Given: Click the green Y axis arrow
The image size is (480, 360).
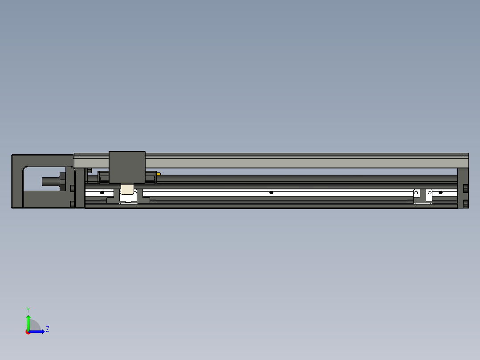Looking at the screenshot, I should [x=28, y=321].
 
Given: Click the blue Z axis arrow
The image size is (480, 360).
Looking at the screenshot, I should [x=38, y=331].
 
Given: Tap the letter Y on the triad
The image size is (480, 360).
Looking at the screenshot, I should [x=28, y=309].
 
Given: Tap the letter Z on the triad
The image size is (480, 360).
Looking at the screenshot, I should [x=47, y=329].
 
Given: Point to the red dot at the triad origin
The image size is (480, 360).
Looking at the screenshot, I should [x=28, y=332].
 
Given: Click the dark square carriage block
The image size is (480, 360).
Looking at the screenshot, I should [x=127, y=167].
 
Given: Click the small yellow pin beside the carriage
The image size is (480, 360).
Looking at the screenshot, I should [x=159, y=174].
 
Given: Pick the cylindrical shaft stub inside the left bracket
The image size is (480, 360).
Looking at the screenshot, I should [x=50, y=182].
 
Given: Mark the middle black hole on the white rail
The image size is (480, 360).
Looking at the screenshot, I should [x=271, y=192].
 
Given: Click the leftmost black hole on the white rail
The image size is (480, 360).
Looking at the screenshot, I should [x=102, y=192].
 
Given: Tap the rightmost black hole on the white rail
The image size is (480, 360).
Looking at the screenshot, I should [x=441, y=192].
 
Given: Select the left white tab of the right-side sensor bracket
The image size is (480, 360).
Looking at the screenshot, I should [x=416, y=194].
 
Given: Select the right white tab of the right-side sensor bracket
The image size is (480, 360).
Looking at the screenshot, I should [x=429, y=194].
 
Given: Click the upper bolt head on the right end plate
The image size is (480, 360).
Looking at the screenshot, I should [x=466, y=188].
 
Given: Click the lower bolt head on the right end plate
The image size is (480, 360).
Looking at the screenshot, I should [x=466, y=204].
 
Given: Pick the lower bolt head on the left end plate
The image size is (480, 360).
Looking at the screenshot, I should [x=72, y=205].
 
